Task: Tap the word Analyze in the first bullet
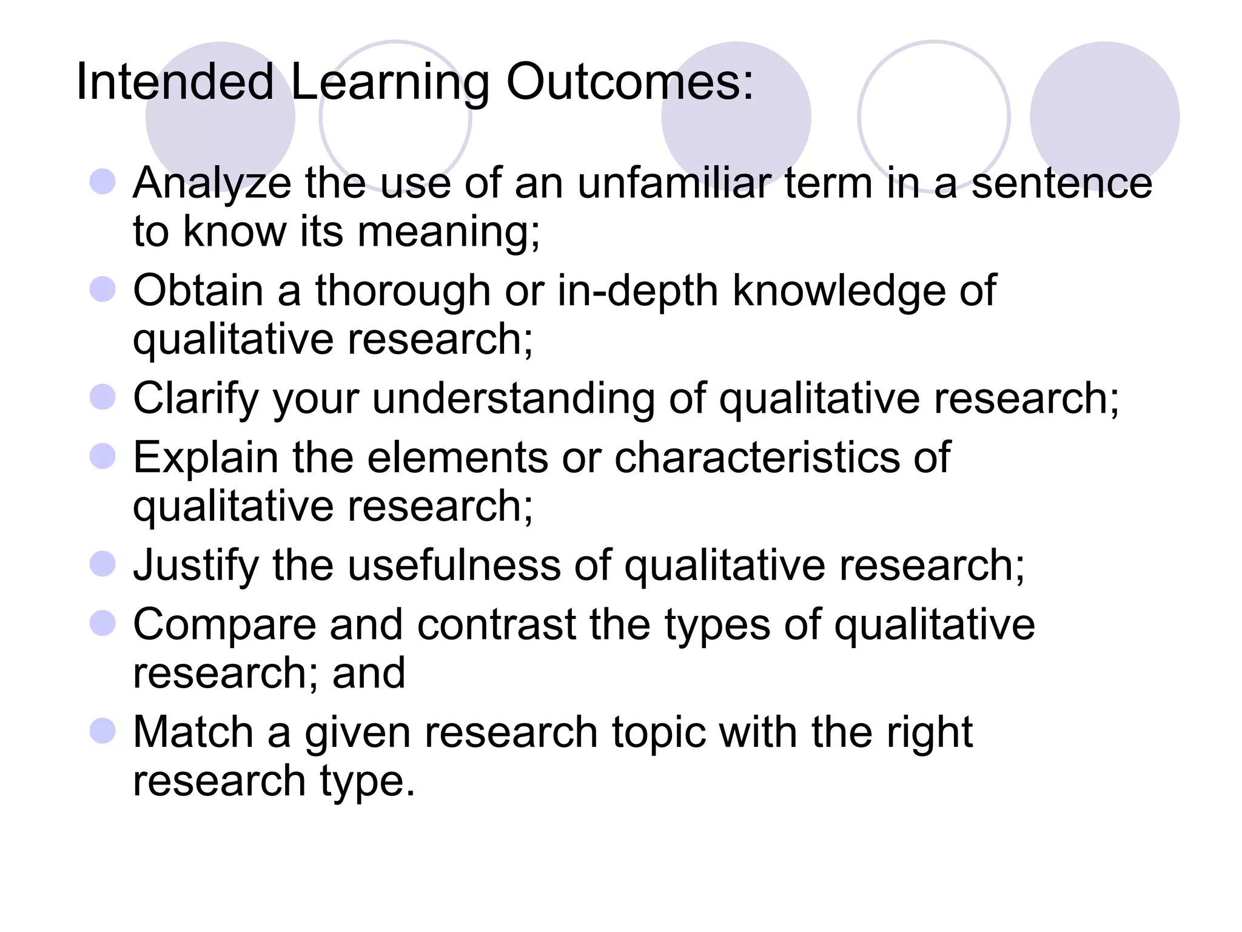[x=212, y=183]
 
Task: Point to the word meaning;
[x=448, y=232]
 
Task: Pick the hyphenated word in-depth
[x=637, y=291]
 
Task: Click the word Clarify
[x=196, y=399]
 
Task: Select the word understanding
[x=514, y=399]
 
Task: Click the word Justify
[x=196, y=566]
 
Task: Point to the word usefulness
[x=454, y=565]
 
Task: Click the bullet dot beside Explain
[x=102, y=456]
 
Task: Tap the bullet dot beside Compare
[x=102, y=623]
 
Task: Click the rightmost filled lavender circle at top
[x=1104, y=115]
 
